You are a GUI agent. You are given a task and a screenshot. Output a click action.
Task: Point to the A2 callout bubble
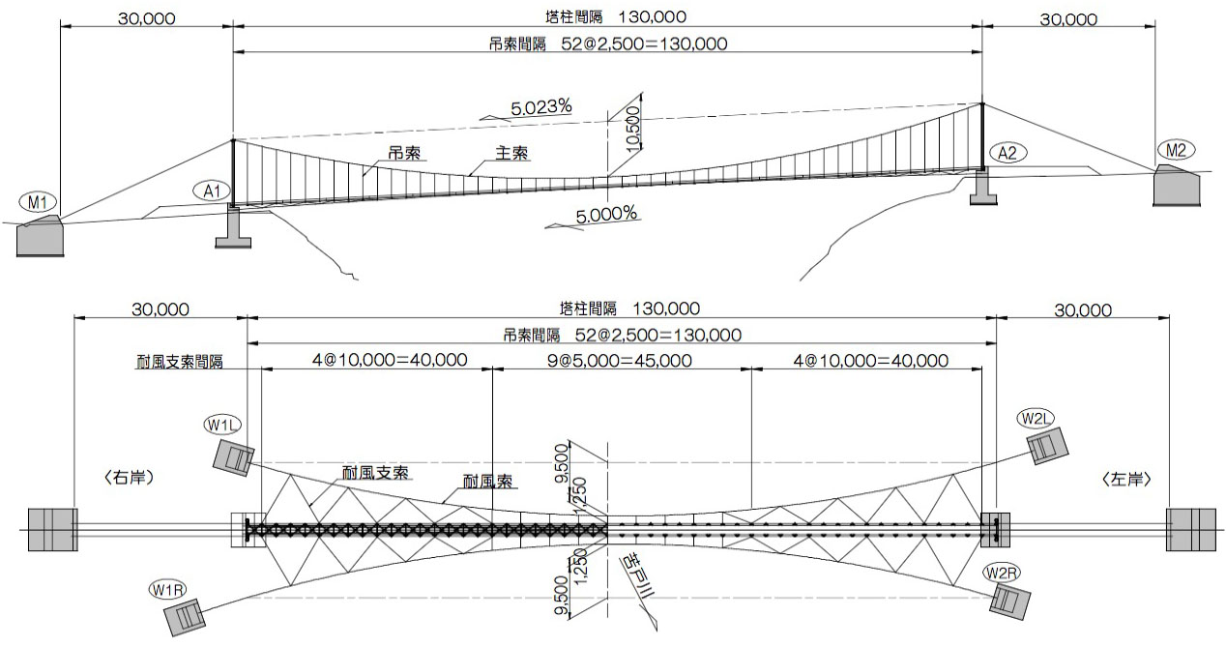tap(1007, 152)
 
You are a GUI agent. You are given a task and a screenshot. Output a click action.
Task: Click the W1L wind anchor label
tap(221, 425)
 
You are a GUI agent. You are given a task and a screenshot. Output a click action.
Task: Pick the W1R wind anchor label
tap(165, 589)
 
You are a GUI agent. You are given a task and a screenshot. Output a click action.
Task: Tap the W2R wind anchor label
tap(1002, 573)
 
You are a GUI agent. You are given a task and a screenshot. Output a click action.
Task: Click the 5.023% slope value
tap(540, 108)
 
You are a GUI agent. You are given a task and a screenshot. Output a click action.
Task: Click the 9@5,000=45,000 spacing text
tap(622, 360)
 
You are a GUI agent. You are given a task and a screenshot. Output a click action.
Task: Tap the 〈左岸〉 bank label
tap(1126, 479)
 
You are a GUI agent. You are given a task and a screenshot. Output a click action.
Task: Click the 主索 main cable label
tap(511, 154)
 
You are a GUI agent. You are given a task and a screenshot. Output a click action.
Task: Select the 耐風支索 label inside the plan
tap(375, 473)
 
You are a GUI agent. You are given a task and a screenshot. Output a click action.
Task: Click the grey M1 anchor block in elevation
tap(41, 236)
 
